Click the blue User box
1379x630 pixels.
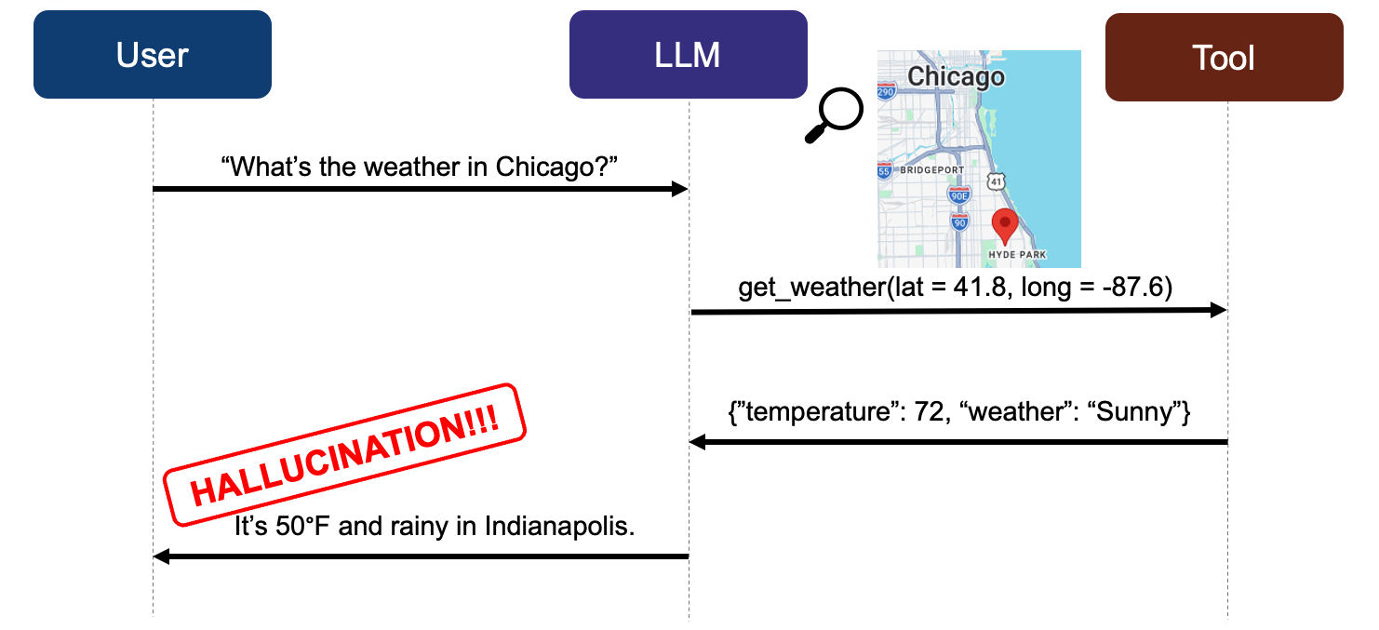click(152, 54)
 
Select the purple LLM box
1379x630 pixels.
click(688, 54)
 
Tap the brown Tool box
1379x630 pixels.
click(1224, 58)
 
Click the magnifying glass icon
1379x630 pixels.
click(834, 115)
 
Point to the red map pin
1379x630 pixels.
click(1005, 226)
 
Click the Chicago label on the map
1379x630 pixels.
click(956, 76)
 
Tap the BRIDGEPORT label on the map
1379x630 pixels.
click(932, 170)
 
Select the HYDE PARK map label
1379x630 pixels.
click(1017, 254)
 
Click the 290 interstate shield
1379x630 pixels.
click(886, 91)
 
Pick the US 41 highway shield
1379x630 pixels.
click(996, 181)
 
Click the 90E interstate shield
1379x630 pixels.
click(959, 195)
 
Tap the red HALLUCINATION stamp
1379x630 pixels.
click(344, 454)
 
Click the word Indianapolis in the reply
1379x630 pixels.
click(559, 526)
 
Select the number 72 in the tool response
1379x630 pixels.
click(929, 411)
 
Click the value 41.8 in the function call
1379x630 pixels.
click(980, 287)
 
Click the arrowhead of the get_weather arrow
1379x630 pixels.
click(1219, 310)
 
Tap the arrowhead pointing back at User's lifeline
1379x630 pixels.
click(161, 556)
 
